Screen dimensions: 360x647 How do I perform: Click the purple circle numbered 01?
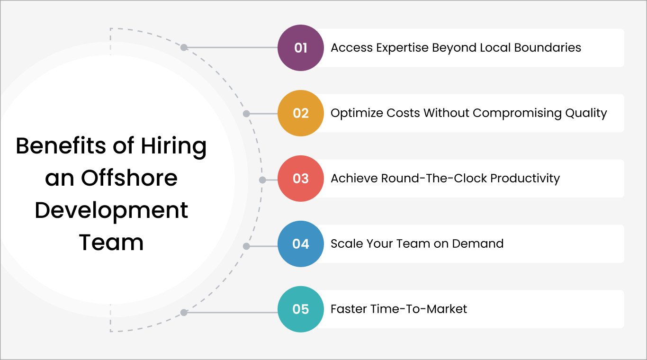301,48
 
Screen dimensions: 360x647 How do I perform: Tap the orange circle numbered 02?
301,113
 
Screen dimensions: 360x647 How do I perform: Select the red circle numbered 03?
301,179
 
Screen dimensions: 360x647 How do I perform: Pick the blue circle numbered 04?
301,244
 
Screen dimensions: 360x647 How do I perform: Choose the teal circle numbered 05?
301,309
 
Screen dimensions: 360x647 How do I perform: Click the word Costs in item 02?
403,113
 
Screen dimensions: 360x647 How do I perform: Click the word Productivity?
525,179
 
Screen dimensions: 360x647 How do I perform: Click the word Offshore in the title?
129,178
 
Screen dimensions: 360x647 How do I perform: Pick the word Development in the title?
111,210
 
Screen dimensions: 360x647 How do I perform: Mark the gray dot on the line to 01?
184,47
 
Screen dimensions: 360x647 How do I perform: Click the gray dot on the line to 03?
262,180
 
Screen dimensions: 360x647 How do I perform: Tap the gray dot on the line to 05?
184,313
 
